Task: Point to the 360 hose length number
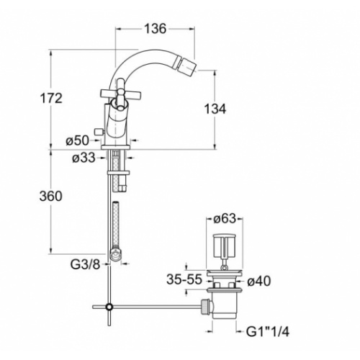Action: tap(51, 196)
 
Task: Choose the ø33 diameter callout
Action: tap(84, 158)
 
